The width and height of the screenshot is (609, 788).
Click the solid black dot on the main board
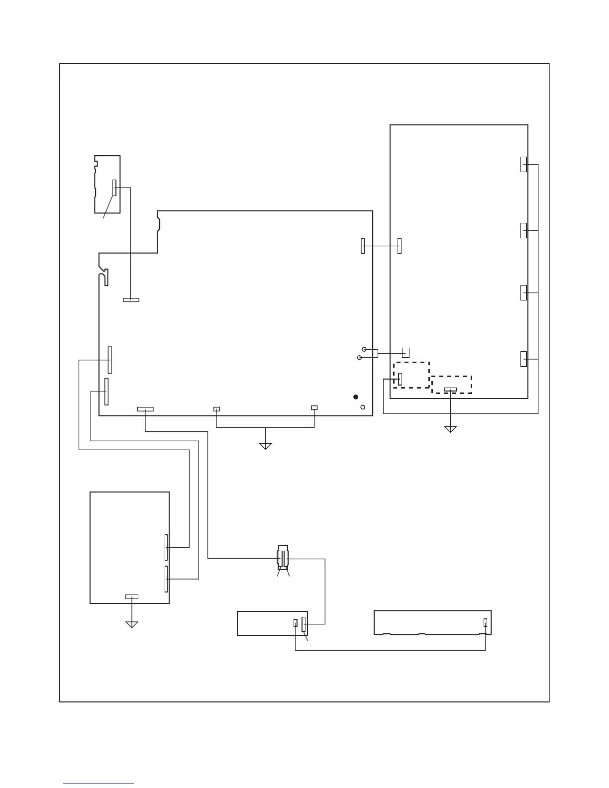coord(355,396)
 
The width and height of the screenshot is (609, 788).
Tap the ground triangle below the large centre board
coord(266,446)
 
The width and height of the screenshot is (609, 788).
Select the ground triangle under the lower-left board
coord(131,624)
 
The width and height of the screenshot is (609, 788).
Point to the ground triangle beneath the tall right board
coord(450,429)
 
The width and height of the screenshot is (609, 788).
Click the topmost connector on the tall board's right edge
coord(523,164)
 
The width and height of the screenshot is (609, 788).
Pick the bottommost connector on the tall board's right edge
coord(523,359)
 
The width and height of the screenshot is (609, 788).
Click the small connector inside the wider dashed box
coord(450,389)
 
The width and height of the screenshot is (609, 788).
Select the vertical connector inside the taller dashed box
coord(400,379)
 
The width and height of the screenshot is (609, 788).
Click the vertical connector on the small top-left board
coord(114,188)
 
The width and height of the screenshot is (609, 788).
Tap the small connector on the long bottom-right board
coord(485,622)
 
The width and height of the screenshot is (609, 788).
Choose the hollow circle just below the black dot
coord(363,407)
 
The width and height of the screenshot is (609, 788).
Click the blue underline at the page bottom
coord(99,784)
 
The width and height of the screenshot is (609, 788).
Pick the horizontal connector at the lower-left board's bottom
coord(131,596)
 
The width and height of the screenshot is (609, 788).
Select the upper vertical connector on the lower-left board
coord(166,547)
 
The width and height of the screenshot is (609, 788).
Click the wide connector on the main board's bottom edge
coord(145,409)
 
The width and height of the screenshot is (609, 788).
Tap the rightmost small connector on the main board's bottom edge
coord(314,408)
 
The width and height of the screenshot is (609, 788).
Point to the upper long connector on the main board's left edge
coord(109,360)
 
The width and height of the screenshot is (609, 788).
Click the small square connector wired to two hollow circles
coord(406,353)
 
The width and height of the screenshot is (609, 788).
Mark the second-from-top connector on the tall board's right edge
coord(523,230)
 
